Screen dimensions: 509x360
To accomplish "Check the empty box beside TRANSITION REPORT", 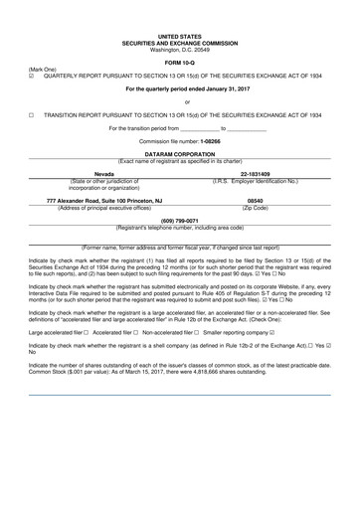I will [33, 114].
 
